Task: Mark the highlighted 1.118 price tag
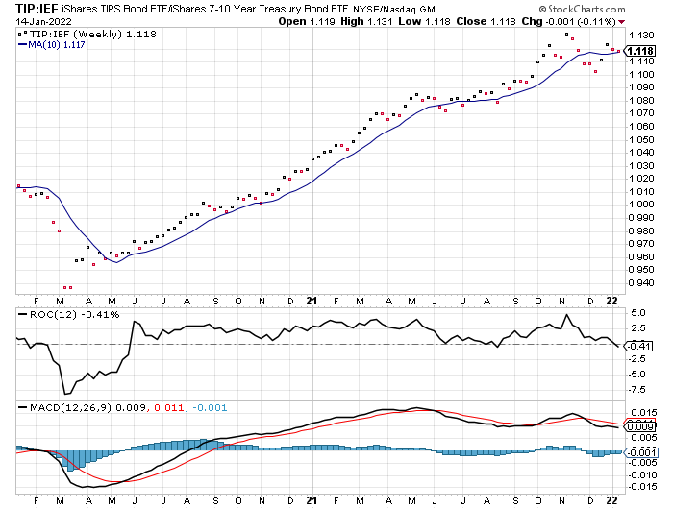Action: [641, 51]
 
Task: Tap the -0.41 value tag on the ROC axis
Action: [640, 346]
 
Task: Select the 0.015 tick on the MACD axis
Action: [642, 413]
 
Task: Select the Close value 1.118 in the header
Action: [522, 20]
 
